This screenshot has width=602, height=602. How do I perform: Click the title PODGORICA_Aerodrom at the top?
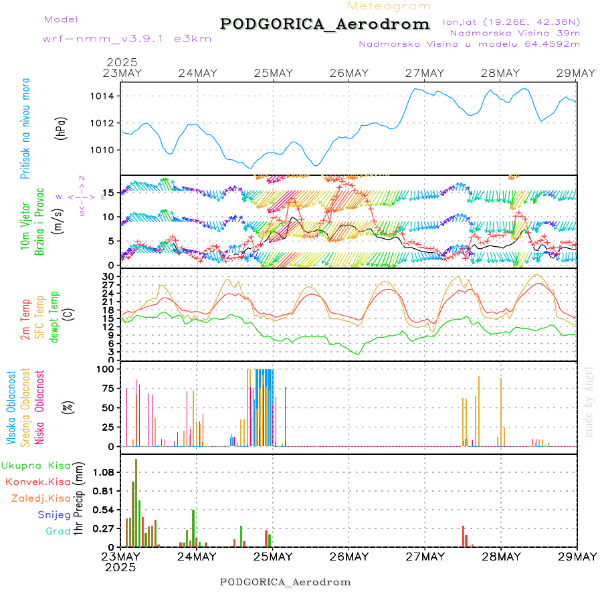coord(324,24)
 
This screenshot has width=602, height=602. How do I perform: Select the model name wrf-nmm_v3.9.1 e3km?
coord(127,38)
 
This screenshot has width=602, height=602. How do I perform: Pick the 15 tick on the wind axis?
coord(109,193)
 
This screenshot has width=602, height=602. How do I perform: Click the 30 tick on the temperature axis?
coord(108,276)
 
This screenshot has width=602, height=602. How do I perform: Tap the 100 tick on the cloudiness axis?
coord(106,369)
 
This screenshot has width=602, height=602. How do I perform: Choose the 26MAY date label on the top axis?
coord(349,73)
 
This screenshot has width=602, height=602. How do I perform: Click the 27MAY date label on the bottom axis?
coord(425,557)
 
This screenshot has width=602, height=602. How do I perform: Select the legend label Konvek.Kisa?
coord(37,482)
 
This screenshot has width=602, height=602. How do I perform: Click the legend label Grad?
coord(58,531)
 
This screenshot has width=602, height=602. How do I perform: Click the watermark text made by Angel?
coord(589,401)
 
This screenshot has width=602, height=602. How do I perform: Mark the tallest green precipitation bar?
coord(136,502)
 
